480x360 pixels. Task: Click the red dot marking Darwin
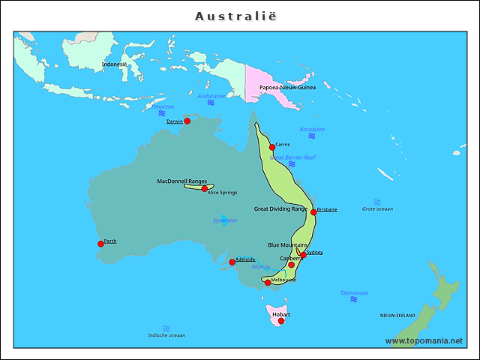tap(187, 121)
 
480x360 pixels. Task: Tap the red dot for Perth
tap(100, 243)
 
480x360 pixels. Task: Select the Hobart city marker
tap(281, 321)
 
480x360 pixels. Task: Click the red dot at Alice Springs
tap(205, 189)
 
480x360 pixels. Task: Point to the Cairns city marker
tap(272, 147)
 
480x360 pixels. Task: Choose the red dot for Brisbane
tap(313, 212)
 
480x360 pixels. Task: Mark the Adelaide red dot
tap(232, 262)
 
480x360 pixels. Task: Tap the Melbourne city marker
tap(268, 283)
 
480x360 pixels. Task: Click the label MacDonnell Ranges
tap(182, 181)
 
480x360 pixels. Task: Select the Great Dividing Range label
tap(280, 208)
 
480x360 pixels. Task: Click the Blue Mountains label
tap(288, 244)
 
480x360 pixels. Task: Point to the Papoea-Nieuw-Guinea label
tap(288, 87)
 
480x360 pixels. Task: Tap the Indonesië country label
tap(115, 64)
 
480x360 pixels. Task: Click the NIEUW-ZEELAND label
tap(397, 316)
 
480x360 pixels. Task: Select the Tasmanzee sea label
tap(354, 292)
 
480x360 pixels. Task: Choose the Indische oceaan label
tap(166, 335)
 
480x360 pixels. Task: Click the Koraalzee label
tap(312, 129)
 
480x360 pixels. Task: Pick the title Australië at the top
tap(240, 16)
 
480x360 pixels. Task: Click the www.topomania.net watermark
tap(424, 340)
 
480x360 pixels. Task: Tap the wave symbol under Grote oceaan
tap(377, 202)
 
